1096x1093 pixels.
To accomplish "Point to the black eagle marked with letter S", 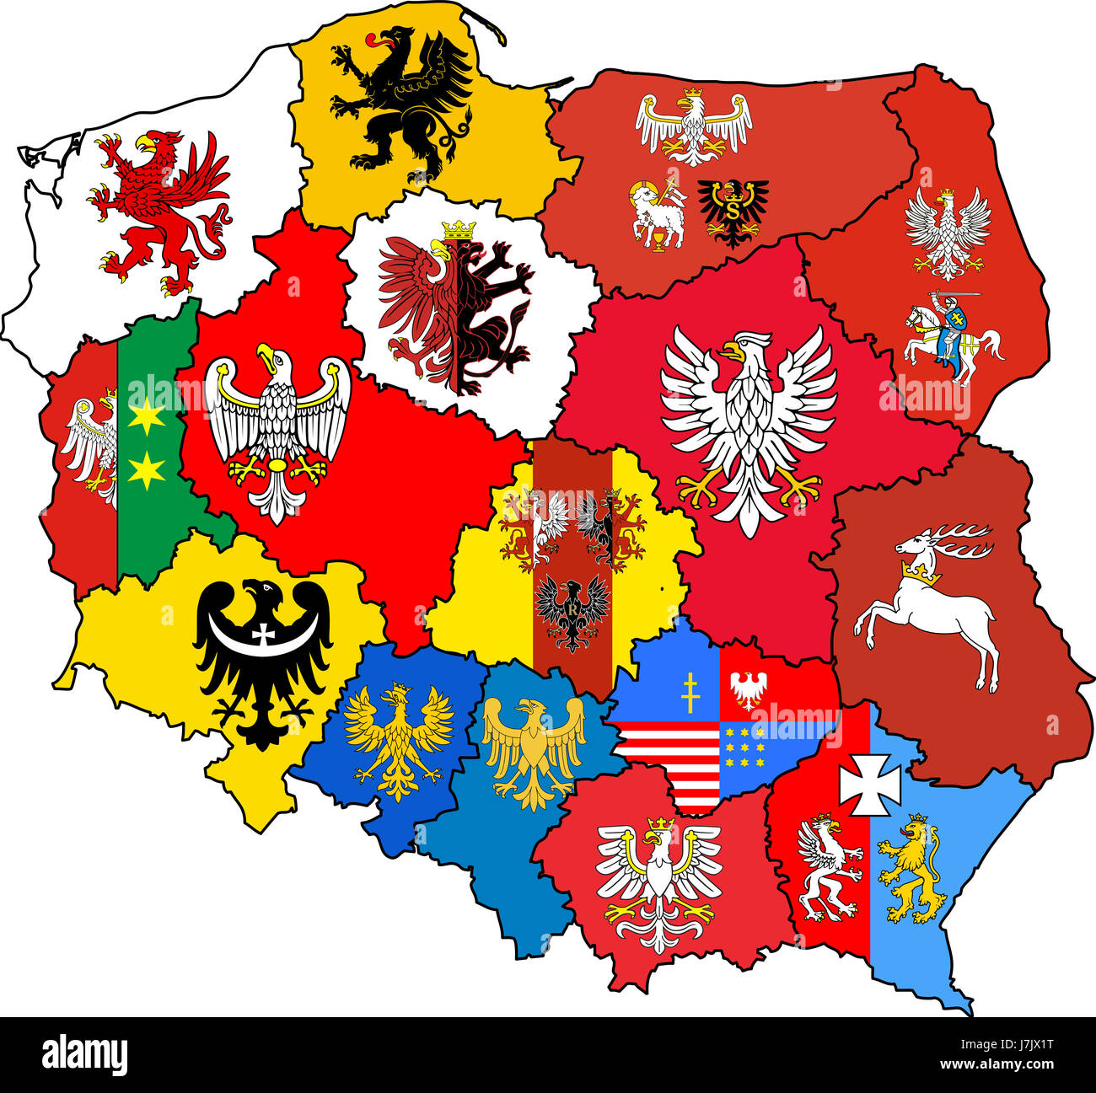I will coord(732,211).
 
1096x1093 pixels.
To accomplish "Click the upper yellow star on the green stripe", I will coord(148,416).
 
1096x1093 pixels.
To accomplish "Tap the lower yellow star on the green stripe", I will coord(148,470).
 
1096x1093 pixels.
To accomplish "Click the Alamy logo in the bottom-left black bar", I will coord(84,1054).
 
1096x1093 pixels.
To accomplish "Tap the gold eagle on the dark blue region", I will coord(397,737).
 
